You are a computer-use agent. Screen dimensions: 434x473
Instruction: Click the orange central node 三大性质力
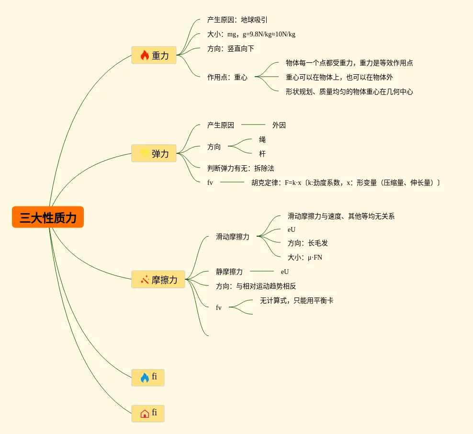48,217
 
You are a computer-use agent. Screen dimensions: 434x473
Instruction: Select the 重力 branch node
154,55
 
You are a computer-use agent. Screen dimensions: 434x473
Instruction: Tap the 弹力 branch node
154,153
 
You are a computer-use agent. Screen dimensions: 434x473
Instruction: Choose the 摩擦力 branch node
158,279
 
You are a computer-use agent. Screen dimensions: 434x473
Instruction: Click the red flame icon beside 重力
145,56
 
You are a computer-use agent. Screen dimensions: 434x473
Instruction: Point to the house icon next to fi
145,413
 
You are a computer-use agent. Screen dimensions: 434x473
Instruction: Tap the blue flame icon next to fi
145,377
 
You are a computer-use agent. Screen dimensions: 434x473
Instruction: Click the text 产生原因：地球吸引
237,20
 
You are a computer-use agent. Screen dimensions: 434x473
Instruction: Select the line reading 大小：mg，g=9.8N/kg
251,34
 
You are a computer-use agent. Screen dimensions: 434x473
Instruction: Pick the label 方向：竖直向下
230,48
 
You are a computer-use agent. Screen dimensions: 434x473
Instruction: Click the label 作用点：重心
227,77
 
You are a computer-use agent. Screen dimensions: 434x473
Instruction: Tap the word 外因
279,125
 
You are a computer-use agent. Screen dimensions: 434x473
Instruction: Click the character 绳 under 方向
262,139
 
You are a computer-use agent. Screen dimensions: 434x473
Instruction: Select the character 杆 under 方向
262,154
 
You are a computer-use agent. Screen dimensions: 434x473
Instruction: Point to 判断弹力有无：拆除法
240,168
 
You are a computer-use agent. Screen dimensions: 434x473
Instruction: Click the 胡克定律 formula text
345,183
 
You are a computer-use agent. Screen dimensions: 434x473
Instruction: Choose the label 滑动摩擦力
232,237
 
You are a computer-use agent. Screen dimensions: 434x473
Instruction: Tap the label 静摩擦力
229,272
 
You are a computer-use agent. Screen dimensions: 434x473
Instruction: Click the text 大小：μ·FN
304,257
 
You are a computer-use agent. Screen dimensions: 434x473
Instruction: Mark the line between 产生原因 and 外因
253,125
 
